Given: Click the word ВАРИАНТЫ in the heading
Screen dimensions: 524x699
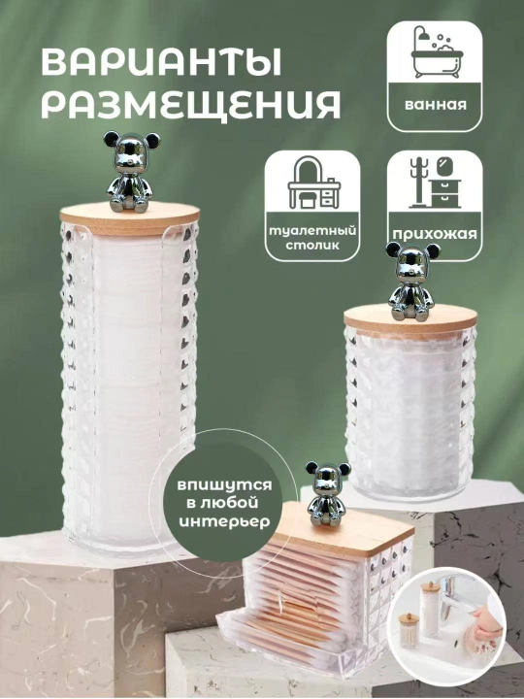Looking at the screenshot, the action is pyautogui.click(x=161, y=62).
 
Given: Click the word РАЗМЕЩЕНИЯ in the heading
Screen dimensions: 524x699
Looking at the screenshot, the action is pyautogui.click(x=191, y=104).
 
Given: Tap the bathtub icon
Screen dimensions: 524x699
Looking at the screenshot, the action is pyautogui.click(x=437, y=52).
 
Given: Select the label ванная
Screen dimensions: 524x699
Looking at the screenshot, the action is pyautogui.click(x=436, y=105).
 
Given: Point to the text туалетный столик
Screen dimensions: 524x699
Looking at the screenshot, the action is pyautogui.click(x=312, y=238).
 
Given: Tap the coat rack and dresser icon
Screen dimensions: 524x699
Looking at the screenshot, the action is pyautogui.click(x=435, y=183).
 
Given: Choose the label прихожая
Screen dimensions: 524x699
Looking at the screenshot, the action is pyautogui.click(x=435, y=235).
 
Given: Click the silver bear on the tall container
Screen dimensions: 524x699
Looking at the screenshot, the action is pyautogui.click(x=131, y=172).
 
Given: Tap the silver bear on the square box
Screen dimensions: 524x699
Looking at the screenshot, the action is pyautogui.click(x=328, y=494).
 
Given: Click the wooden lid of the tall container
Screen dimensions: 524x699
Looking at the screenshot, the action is pyautogui.click(x=130, y=218).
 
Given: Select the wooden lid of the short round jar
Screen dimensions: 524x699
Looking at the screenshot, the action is pyautogui.click(x=410, y=322).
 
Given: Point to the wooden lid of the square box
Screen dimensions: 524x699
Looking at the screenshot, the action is pyautogui.click(x=344, y=530).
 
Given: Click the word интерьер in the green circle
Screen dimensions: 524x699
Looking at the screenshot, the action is pyautogui.click(x=224, y=521).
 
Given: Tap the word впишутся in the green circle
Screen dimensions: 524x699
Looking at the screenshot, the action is pyautogui.click(x=224, y=485).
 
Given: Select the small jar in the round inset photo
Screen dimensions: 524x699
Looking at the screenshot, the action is pyautogui.click(x=409, y=631).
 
